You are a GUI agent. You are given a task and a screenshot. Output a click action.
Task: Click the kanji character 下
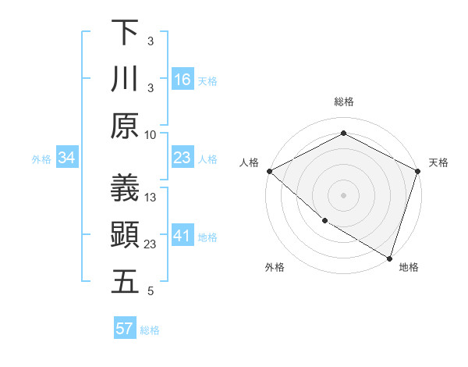(x=125, y=32)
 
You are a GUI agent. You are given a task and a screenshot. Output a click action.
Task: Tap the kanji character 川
(x=125, y=79)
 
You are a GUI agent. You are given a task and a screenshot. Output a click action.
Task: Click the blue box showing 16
(x=182, y=79)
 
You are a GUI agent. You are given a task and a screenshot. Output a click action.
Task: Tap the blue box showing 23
(x=182, y=158)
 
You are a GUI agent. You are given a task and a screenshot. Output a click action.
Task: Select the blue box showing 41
(x=182, y=236)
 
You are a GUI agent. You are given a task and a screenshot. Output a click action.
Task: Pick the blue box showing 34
(x=66, y=158)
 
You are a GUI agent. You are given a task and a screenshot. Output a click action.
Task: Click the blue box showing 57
(x=124, y=329)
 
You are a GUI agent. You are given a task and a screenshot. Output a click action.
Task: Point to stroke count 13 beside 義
(x=151, y=198)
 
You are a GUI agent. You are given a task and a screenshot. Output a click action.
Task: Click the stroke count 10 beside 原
(x=151, y=134)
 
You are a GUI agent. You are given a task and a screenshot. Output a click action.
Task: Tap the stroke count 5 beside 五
(x=151, y=291)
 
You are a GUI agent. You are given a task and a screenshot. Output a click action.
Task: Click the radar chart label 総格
(x=343, y=102)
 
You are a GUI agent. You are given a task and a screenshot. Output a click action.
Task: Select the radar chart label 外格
(x=275, y=267)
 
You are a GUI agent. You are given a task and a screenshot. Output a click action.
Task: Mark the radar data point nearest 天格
(x=417, y=171)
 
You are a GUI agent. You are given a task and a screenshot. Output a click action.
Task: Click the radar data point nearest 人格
(x=269, y=171)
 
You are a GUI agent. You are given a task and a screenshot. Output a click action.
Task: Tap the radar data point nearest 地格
(x=389, y=258)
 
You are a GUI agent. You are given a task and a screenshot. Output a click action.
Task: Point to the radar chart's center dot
(x=343, y=194)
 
